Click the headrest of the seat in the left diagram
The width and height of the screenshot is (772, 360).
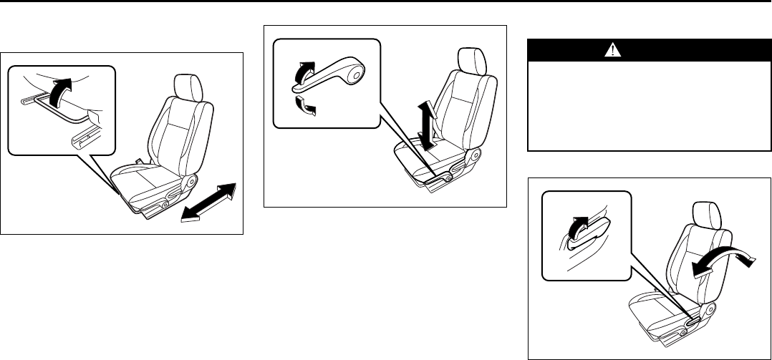pyautogui.click(x=188, y=87)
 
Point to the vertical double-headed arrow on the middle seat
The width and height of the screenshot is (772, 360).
pyautogui.click(x=428, y=126)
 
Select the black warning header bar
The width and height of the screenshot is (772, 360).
pyautogui.click(x=644, y=50)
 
